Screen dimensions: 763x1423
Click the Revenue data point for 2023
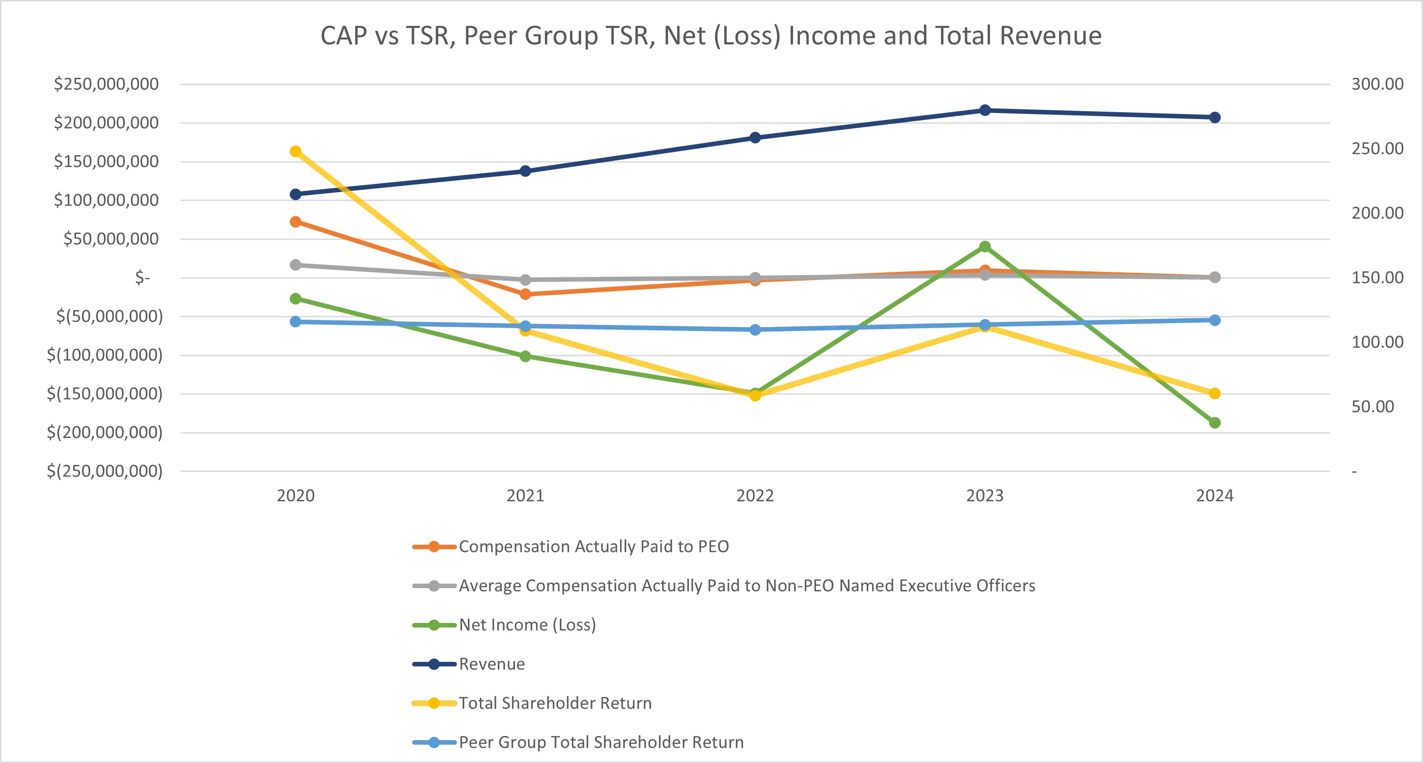point(984,110)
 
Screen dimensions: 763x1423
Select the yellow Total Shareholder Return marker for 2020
point(295,152)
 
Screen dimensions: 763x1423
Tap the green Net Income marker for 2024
point(1214,423)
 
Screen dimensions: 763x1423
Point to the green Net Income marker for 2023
point(984,247)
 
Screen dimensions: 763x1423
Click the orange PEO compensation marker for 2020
point(295,222)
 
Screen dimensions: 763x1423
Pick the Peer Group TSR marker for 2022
point(755,330)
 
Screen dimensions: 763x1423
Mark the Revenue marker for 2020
point(295,195)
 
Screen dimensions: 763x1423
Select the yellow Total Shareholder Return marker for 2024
point(1214,394)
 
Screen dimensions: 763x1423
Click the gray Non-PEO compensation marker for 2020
point(295,265)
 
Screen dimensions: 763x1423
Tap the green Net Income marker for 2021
point(525,356)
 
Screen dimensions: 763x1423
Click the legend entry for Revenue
point(491,664)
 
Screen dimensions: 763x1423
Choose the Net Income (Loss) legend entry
point(527,624)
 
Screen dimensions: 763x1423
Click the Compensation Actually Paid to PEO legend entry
point(593,547)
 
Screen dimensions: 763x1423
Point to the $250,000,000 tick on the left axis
point(106,84)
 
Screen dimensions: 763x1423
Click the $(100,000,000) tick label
point(105,355)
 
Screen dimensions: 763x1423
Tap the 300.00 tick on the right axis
point(1377,84)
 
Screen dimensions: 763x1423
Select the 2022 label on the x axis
point(755,495)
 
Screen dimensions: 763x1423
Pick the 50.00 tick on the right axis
point(1372,407)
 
